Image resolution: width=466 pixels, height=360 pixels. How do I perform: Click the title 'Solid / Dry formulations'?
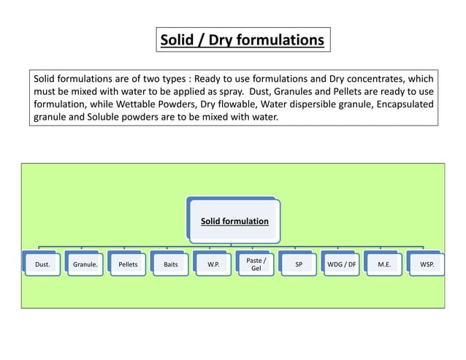pyautogui.click(x=242, y=39)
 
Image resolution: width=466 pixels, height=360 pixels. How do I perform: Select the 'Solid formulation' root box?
pyautogui.click(x=234, y=220)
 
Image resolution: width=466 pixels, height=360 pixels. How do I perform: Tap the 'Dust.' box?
pyautogui.click(x=42, y=265)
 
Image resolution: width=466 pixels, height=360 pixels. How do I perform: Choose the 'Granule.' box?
pyautogui.click(x=85, y=265)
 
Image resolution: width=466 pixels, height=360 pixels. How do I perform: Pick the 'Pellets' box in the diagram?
pyautogui.click(x=127, y=265)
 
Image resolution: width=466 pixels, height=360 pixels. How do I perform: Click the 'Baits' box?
pyautogui.click(x=169, y=265)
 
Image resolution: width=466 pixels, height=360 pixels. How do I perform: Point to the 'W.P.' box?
pyautogui.click(x=213, y=265)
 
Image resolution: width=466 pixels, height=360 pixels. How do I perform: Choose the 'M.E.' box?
pyautogui.click(x=383, y=265)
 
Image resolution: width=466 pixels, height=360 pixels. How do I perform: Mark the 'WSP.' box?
pyautogui.click(x=426, y=265)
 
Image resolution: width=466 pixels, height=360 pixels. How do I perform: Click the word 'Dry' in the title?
pyautogui.click(x=224, y=39)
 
